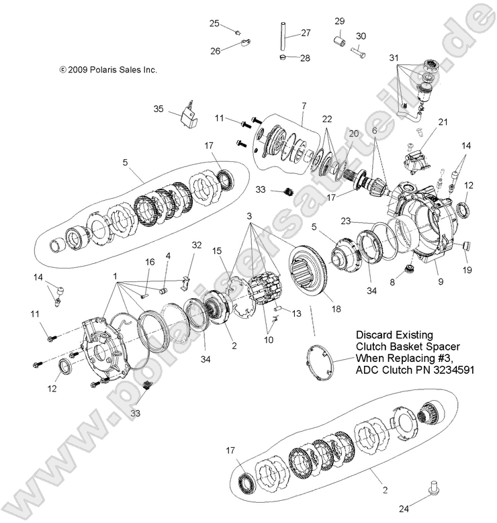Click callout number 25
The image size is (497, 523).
coord(214,23)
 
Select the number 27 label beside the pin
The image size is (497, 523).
coord(306,33)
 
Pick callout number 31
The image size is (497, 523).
coord(394,57)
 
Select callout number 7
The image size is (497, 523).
coord(304,105)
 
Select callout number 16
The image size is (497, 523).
coord(150,261)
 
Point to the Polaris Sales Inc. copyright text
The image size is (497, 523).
coord(108,69)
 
